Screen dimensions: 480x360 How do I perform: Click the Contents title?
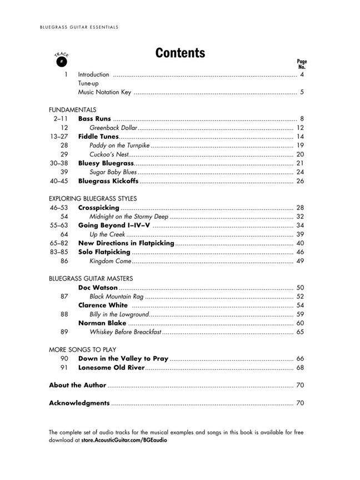tap(180, 53)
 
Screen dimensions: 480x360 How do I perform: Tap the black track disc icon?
tap(61, 61)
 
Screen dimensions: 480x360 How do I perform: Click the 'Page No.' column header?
tap(302, 64)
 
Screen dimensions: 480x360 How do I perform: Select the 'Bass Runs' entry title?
tap(94, 119)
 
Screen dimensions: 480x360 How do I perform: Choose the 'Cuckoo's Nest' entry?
tap(109, 154)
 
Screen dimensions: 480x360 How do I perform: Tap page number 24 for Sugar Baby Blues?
tap(300, 172)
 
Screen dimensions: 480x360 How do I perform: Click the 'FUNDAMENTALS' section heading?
tap(72, 110)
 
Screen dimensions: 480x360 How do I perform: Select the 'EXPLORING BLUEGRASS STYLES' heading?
tap(93, 198)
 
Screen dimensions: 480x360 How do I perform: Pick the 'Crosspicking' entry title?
tap(98, 208)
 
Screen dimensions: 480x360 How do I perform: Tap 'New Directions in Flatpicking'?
tap(126, 243)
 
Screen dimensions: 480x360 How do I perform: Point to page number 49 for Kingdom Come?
tap(300, 261)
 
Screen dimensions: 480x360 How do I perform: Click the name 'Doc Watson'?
tap(98, 288)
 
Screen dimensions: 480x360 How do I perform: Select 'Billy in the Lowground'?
tap(119, 314)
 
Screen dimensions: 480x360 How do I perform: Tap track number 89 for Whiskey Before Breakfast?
tap(64, 332)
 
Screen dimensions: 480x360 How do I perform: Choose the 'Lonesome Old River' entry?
tap(111, 368)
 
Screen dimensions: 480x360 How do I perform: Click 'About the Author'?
tap(77, 386)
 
